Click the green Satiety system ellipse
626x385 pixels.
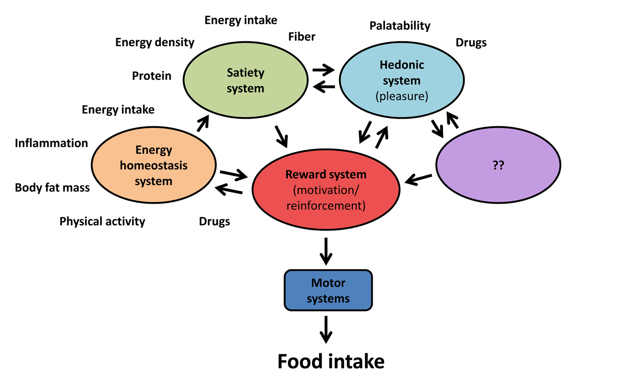coord(245,80)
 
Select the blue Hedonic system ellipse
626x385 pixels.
coord(401,80)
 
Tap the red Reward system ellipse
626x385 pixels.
coord(326,190)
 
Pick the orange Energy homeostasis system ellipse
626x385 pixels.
coord(154,165)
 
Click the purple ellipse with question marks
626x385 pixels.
coord(498,165)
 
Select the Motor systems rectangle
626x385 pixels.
coord(328,291)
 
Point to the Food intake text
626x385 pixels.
coord(331,362)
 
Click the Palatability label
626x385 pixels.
coord(400,26)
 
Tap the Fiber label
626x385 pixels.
coord(302,37)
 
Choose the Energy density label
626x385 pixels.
coord(155,42)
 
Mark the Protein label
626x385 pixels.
coord(151,76)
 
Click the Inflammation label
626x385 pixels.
coord(51,143)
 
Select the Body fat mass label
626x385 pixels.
coord(52,188)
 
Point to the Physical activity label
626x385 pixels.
coord(102,221)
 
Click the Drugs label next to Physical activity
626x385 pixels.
coord(215,221)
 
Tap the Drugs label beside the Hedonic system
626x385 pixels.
coord(471,43)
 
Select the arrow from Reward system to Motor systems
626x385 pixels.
coord(326,251)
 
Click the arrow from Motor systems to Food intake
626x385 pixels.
coord(326,329)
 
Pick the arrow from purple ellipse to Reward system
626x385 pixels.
coord(419,179)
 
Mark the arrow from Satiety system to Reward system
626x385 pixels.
coord(281,136)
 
